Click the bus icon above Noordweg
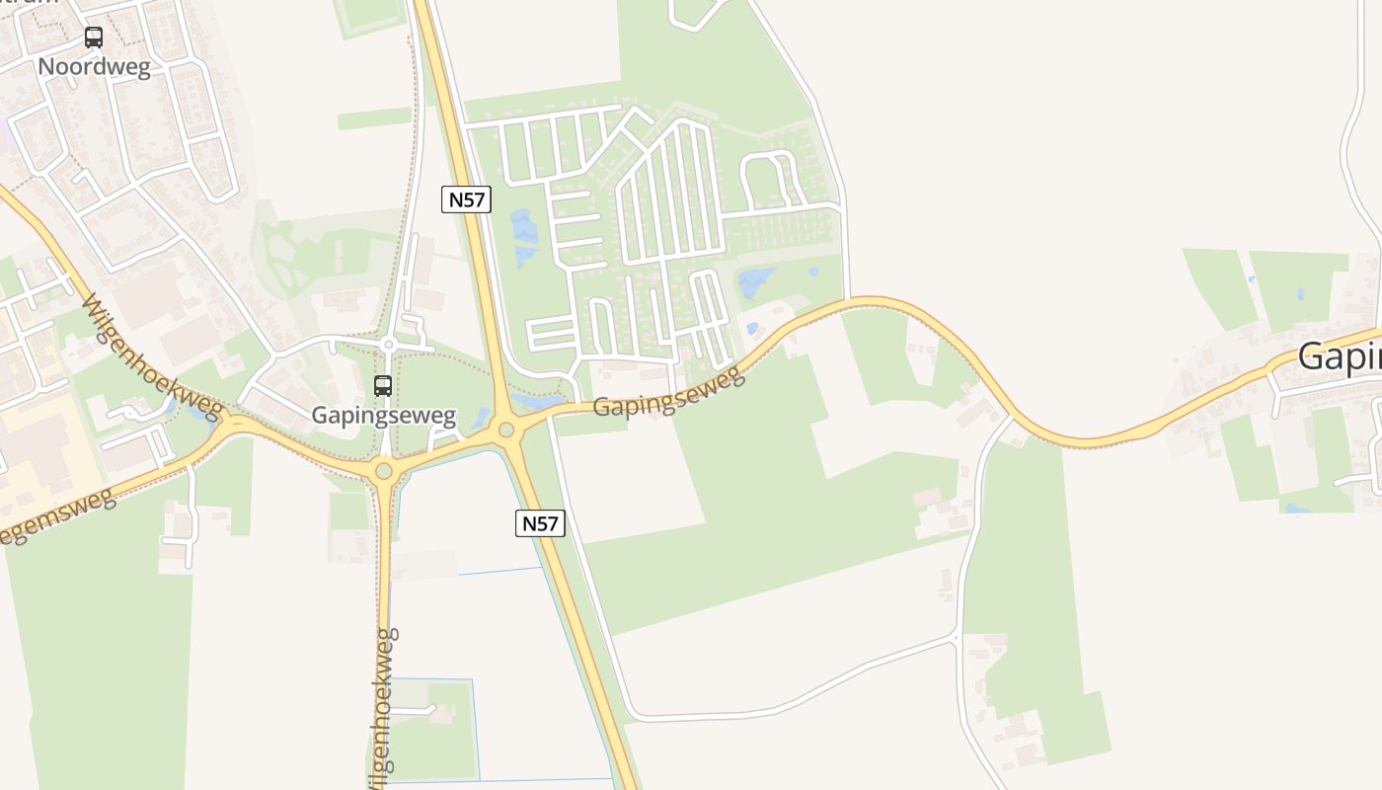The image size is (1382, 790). coord(94,38)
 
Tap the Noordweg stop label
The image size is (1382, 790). coord(94,67)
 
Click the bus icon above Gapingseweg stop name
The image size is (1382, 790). coord(383,386)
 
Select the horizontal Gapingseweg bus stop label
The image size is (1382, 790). coord(383,415)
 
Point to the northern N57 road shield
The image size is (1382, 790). coord(466,199)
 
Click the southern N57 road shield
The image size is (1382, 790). coord(540,523)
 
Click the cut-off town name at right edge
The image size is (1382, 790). coord(1340,356)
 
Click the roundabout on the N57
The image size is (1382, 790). coord(507,430)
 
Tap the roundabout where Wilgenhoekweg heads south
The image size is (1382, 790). coord(384,471)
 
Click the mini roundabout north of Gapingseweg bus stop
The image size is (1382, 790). coord(389,345)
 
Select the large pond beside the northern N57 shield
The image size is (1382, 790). coord(524,228)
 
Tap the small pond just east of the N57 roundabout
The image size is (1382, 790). coord(536,403)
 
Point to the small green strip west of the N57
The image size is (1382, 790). coord(374,119)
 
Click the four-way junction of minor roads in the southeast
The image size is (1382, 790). coord(957,640)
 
